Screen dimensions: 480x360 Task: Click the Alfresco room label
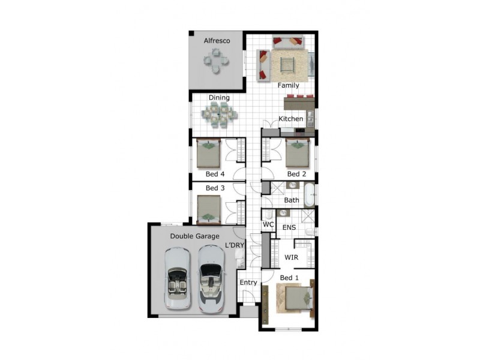point(217,41)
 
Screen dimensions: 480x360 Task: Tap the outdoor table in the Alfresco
point(216,61)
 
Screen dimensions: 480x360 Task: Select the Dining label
point(219,98)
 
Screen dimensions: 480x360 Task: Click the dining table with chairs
point(219,115)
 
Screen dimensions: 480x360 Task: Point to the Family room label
point(288,85)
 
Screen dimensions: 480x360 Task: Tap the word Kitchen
point(290,119)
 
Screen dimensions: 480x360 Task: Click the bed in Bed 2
point(296,153)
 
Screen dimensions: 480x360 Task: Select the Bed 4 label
point(215,174)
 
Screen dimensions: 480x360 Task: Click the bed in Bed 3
point(208,209)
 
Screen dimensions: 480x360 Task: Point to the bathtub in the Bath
point(309,194)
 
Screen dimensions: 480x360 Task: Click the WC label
point(268,224)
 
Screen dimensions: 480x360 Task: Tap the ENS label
point(289,227)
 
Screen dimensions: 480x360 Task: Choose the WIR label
point(291,257)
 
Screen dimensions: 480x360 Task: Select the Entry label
point(248,283)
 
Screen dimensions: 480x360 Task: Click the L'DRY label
point(235,245)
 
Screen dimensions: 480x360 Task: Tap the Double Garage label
point(194,236)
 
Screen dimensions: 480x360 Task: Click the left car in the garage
point(177,278)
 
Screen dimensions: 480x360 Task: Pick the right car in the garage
point(211,279)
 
